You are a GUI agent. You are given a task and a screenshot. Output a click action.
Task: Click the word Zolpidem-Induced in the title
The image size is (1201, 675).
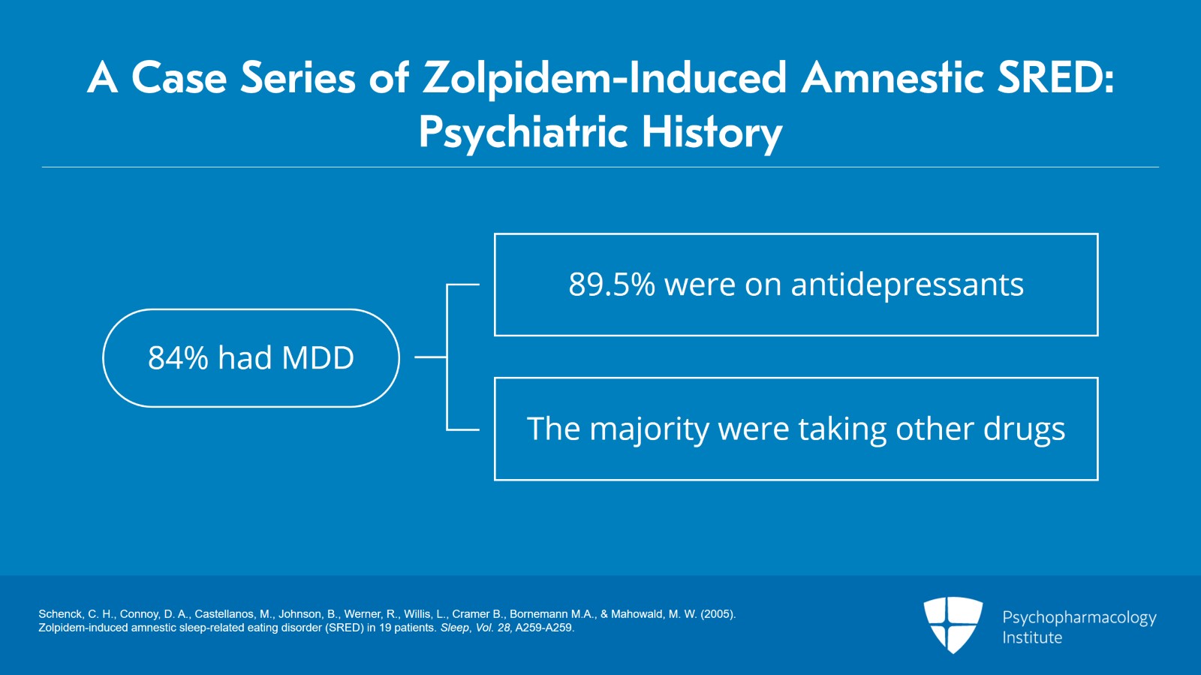(x=604, y=78)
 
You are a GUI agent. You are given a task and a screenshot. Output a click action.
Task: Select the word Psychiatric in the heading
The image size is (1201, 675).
(x=522, y=133)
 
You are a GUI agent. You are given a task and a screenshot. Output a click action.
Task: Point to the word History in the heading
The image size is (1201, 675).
(x=712, y=133)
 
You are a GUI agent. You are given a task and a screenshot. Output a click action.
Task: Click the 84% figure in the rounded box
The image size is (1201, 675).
(x=178, y=357)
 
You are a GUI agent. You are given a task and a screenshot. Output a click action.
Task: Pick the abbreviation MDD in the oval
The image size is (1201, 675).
(x=318, y=357)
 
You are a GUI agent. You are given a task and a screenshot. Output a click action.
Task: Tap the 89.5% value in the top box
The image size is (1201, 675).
(x=612, y=284)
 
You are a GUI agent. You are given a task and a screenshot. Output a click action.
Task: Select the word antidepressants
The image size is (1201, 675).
(x=908, y=285)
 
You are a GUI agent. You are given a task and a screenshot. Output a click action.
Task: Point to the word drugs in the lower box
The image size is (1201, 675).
(x=1024, y=429)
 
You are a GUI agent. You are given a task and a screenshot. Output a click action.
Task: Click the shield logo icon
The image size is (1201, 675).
(x=953, y=625)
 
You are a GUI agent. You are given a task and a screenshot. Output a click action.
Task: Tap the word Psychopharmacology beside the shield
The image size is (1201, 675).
(x=1079, y=618)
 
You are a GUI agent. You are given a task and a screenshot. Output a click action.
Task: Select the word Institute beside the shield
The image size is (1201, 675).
(x=1032, y=637)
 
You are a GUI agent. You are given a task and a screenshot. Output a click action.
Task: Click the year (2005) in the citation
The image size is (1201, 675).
(x=718, y=614)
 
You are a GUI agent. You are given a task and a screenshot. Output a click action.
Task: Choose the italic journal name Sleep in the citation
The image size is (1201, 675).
(x=455, y=628)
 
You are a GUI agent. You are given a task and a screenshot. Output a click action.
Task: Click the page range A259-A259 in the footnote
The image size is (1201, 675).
(x=544, y=628)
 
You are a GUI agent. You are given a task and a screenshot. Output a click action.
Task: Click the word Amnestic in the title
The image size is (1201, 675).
(x=892, y=77)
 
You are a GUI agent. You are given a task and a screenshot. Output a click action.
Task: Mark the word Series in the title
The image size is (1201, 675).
(x=298, y=77)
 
